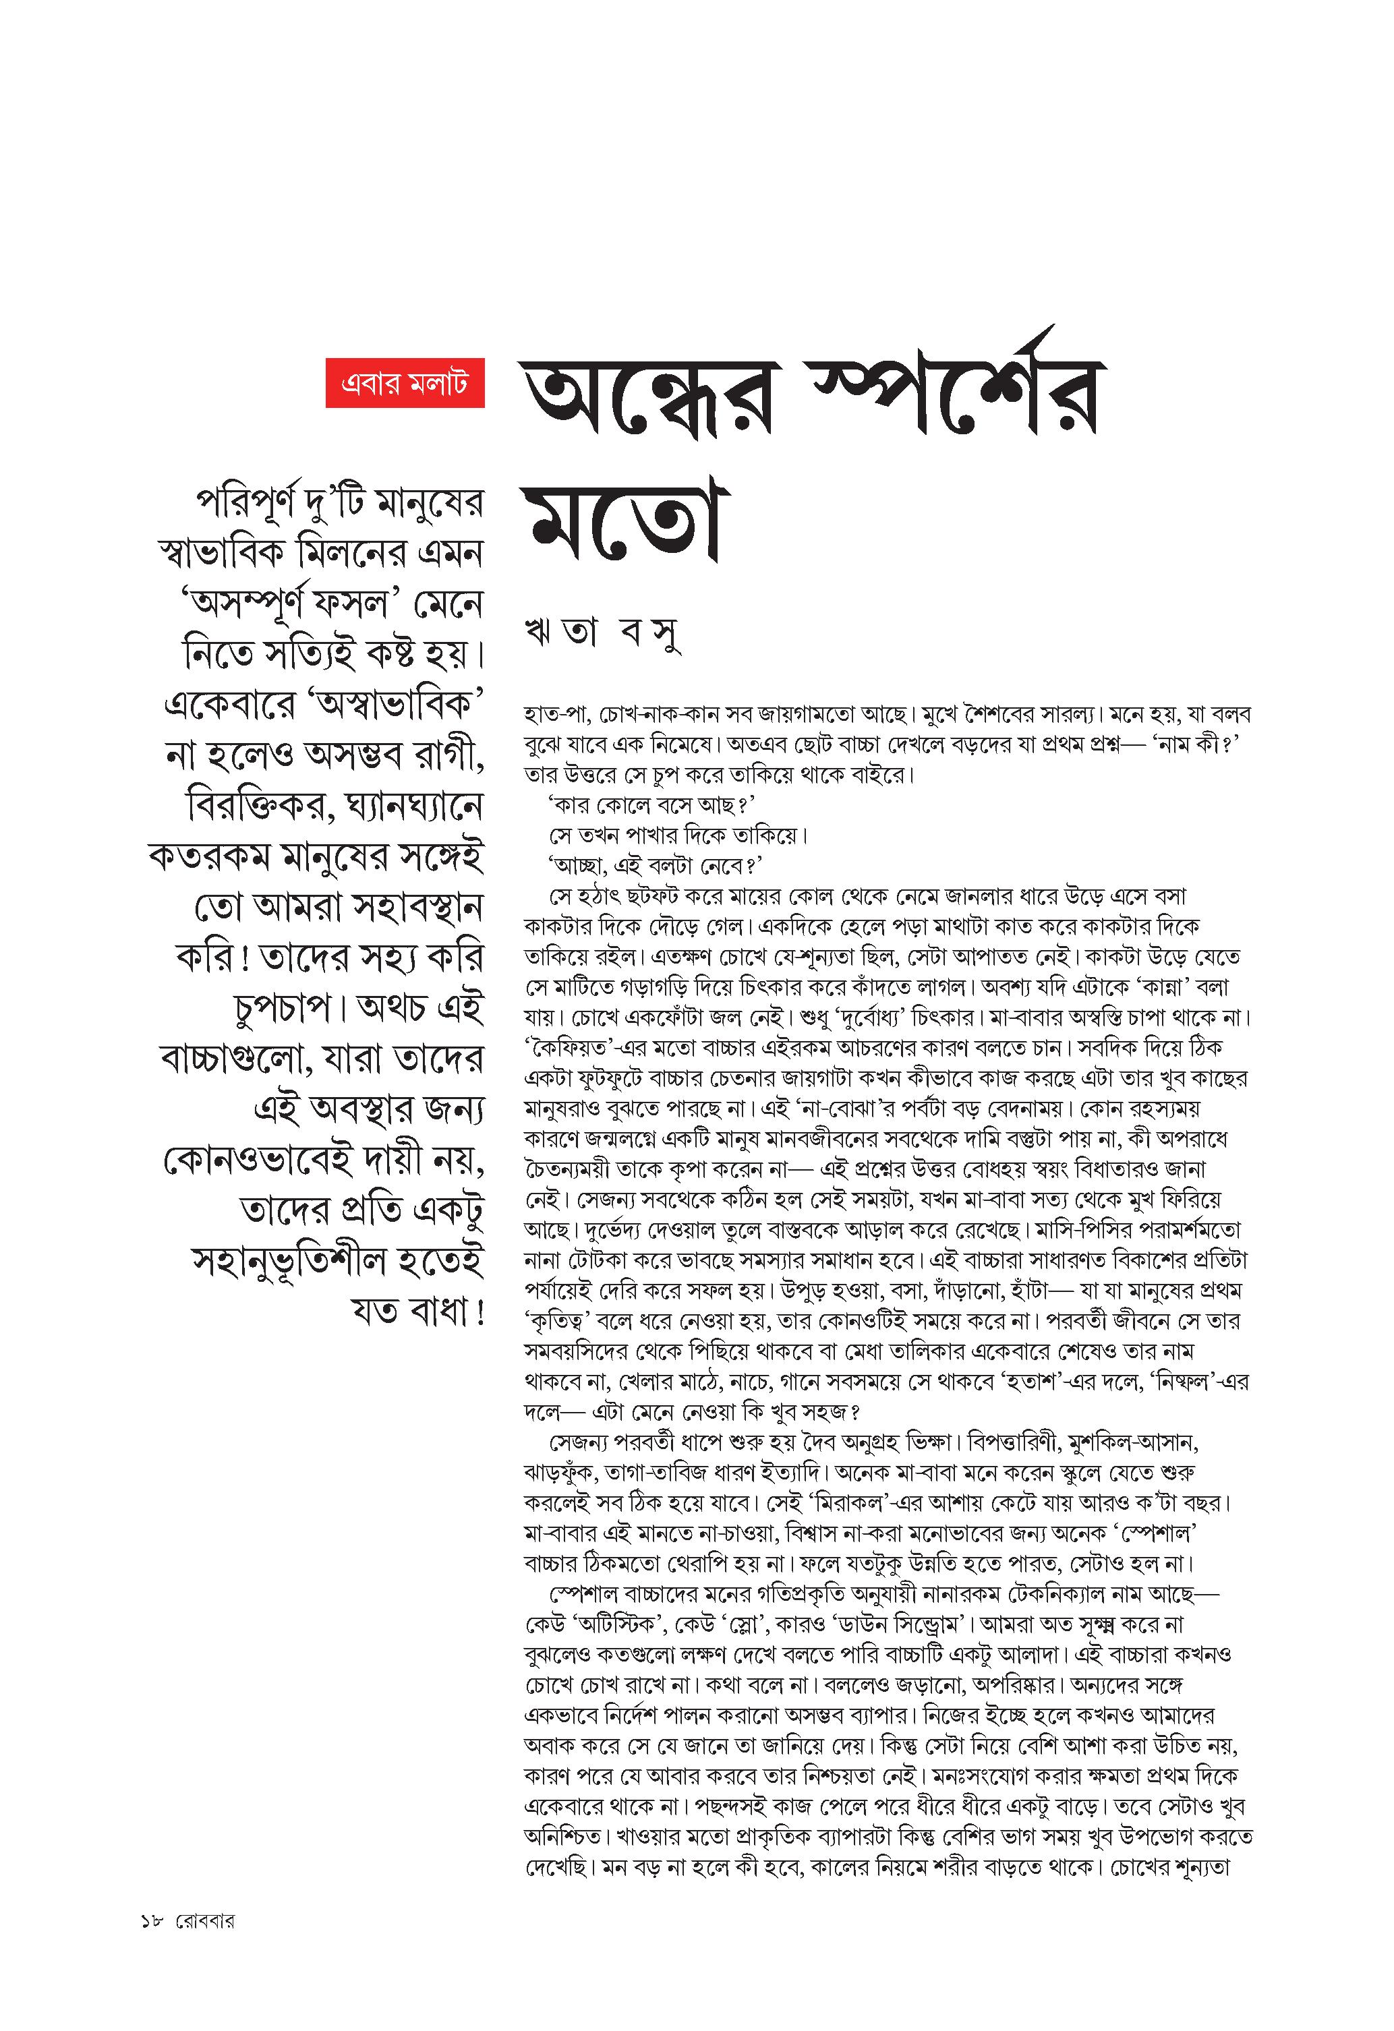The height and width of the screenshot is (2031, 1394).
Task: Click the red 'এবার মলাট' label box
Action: (405, 383)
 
